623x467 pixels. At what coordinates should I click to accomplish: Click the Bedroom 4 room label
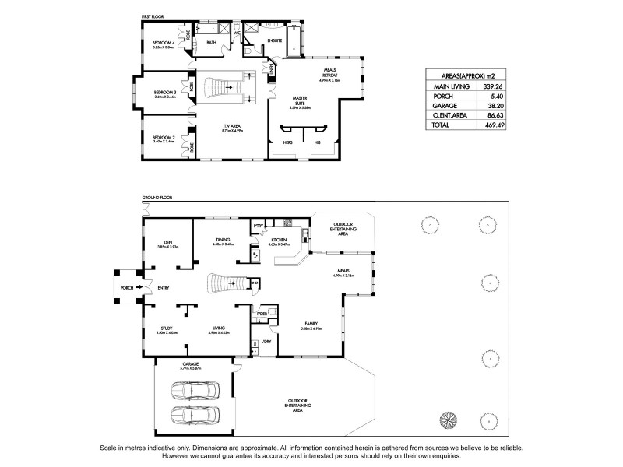pos(162,41)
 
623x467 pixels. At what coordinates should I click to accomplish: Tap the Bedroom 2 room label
pos(162,138)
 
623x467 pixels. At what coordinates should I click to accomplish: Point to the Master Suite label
pos(300,99)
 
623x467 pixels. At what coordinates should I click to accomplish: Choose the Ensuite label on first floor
pos(275,39)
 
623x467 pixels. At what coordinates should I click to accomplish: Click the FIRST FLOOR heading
pos(155,15)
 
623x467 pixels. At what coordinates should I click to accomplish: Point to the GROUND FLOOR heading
pos(157,199)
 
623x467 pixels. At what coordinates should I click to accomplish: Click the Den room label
pos(167,242)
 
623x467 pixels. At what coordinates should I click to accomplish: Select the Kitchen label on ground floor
pos(279,240)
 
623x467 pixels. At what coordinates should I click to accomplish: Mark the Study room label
pos(167,328)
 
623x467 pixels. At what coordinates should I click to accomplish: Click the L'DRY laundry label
pos(266,341)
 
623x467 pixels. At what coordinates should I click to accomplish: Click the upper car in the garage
pos(192,389)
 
